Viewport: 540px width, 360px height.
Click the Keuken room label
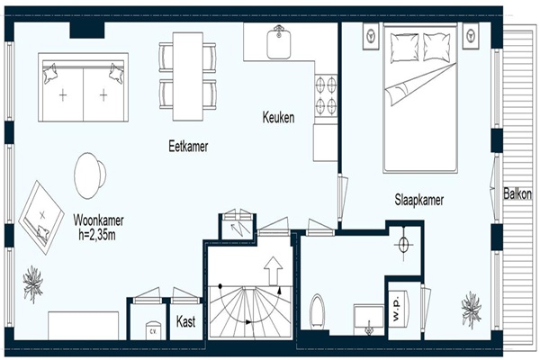click(278, 118)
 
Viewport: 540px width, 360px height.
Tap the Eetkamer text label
click(188, 147)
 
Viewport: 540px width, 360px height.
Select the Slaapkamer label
click(419, 200)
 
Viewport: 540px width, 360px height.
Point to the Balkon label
click(517, 193)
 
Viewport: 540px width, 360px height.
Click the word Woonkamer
click(98, 220)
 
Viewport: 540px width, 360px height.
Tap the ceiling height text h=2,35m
click(97, 235)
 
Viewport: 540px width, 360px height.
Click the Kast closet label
click(186, 321)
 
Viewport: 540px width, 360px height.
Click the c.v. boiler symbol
click(153, 330)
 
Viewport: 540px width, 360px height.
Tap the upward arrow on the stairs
click(273, 271)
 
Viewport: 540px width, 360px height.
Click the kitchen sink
click(279, 42)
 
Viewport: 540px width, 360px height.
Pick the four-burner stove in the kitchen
click(326, 94)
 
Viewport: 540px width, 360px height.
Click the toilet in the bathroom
click(317, 311)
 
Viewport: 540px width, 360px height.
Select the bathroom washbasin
click(368, 319)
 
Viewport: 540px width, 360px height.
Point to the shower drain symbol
click(403, 245)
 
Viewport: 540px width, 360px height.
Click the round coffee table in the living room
click(90, 175)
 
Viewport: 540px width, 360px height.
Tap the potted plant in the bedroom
click(471, 310)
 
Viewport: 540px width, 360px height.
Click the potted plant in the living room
click(33, 284)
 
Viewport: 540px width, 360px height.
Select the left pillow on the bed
click(404, 48)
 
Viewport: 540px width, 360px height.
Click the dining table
click(188, 76)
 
